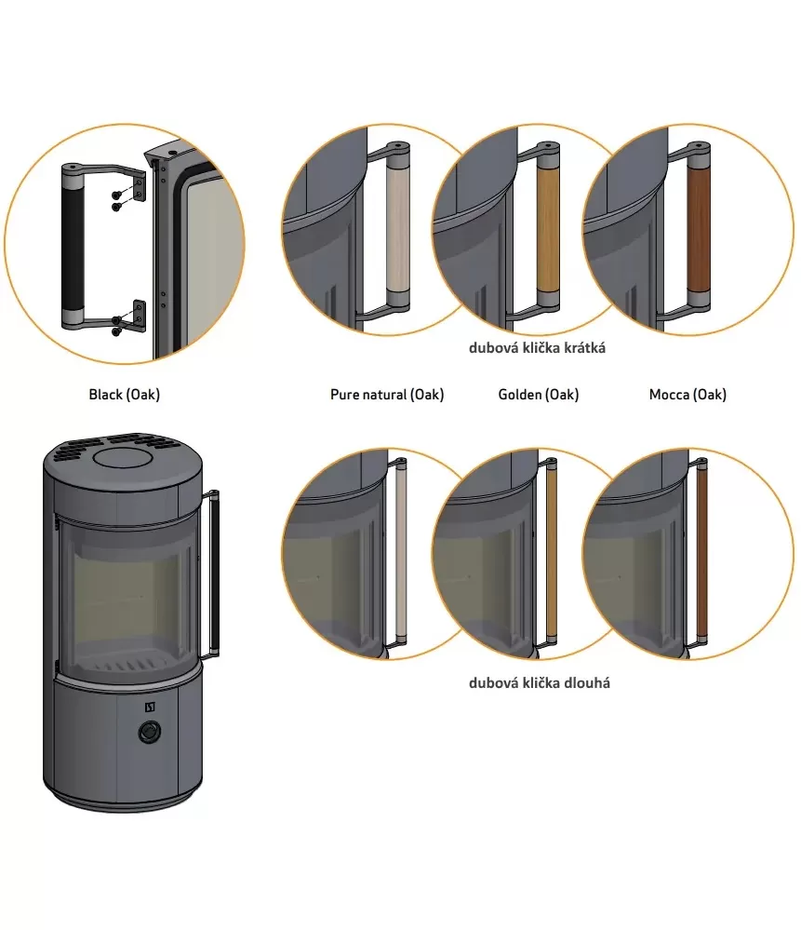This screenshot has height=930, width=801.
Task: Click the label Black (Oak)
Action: click(124, 395)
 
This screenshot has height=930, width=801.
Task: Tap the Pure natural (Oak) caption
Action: click(387, 395)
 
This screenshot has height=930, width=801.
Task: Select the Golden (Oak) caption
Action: click(539, 395)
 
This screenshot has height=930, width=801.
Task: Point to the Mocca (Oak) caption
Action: click(688, 395)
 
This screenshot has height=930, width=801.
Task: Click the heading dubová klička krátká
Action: click(537, 347)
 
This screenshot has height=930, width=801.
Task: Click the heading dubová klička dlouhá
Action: click(539, 682)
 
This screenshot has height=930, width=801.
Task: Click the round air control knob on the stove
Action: click(150, 732)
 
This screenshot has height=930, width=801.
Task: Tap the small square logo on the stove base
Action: click(150, 707)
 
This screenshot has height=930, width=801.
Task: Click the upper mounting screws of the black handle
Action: click(118, 200)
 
